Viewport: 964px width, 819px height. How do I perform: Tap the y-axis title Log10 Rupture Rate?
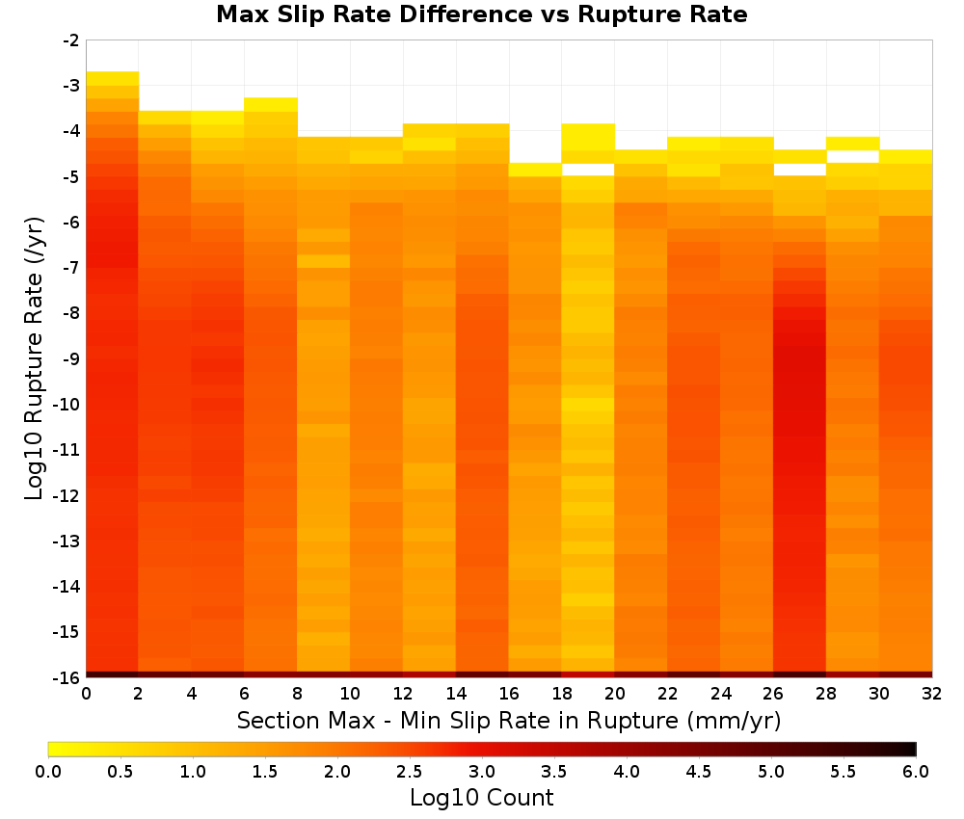coord(35,358)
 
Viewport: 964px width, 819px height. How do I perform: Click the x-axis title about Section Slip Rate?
coord(509,720)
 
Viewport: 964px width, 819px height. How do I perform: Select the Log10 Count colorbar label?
coord(481,798)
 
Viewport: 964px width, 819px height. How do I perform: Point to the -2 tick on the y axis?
coord(71,40)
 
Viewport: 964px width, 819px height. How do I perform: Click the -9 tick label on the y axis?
coord(71,358)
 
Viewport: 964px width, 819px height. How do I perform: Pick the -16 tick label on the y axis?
coord(67,677)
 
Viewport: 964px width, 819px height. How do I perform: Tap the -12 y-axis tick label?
coord(67,495)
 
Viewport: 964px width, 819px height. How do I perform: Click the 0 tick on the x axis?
coord(86,694)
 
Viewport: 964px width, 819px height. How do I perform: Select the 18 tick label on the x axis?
coord(562,694)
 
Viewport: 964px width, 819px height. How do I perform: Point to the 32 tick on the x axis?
coord(932,694)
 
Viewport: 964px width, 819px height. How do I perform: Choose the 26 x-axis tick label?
coord(773,694)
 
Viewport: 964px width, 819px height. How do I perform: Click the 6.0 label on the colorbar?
coord(916,772)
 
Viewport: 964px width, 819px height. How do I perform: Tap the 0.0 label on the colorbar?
coord(48,772)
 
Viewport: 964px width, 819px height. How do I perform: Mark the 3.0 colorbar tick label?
coord(482,772)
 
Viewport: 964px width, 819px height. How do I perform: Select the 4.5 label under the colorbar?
coord(699,772)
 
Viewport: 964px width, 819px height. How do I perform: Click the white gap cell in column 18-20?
coord(588,170)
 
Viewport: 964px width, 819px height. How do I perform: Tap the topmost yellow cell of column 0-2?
coord(113,79)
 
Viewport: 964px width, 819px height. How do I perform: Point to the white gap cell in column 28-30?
coord(853,157)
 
